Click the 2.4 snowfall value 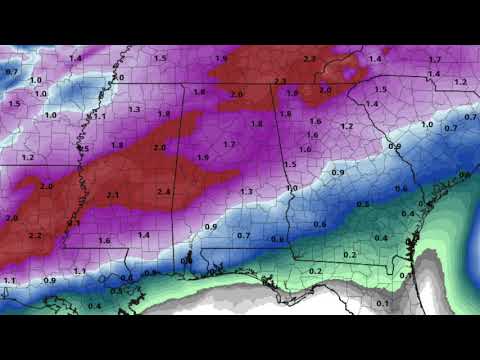(x=165, y=191)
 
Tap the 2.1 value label (x=113, y=195)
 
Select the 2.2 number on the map (x=36, y=235)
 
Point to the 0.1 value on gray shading (x=382, y=303)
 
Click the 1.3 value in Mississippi (x=134, y=109)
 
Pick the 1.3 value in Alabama (x=246, y=191)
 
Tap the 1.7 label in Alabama (x=229, y=145)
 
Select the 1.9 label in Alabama (x=203, y=157)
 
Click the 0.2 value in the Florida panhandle (x=316, y=271)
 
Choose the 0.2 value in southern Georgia (x=350, y=254)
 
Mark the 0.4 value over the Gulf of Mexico (x=94, y=305)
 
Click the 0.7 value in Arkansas (x=11, y=72)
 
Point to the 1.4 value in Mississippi (x=144, y=235)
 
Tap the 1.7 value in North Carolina (x=435, y=60)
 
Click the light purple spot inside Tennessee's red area (x=348, y=73)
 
